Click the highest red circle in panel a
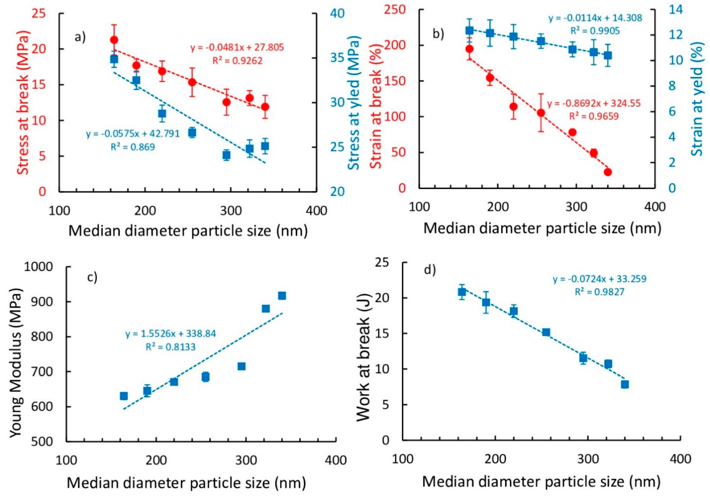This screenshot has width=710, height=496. point(114,40)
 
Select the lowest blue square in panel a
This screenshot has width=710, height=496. point(226,155)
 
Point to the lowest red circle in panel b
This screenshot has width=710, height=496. point(608,172)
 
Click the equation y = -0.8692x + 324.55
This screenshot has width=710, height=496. point(594,103)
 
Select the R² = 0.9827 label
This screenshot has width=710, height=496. point(599,292)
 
